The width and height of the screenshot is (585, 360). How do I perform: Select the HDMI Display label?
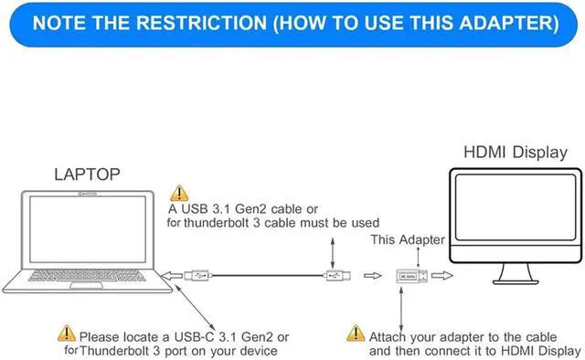(x=516, y=152)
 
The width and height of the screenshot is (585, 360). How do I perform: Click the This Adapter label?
(x=407, y=239)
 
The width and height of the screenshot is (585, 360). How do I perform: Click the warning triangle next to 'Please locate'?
(x=67, y=334)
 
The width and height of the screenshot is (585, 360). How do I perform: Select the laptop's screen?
(x=85, y=220)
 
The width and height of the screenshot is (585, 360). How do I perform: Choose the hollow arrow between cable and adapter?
(x=371, y=274)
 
